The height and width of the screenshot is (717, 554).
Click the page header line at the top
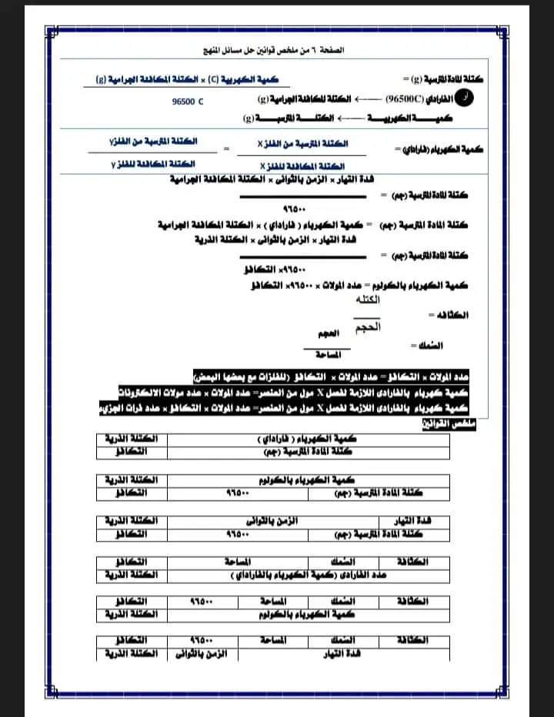277,51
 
